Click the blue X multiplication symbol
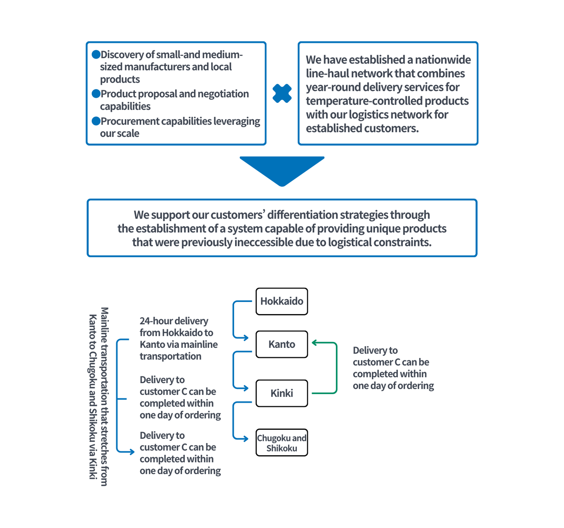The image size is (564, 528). tap(282, 93)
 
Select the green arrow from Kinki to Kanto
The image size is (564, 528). tap(336, 368)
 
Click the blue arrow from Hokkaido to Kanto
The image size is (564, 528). tap(233, 319)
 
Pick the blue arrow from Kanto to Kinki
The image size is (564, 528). tap(233, 370)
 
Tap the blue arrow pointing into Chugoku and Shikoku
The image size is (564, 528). tap(233, 420)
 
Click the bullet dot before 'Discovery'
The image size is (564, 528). tap(96, 54)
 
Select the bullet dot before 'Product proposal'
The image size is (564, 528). tap(96, 93)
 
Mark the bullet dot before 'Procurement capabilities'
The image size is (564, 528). tap(96, 121)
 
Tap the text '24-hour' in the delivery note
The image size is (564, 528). tap(155, 321)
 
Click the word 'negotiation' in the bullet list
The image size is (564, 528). tap(223, 94)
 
